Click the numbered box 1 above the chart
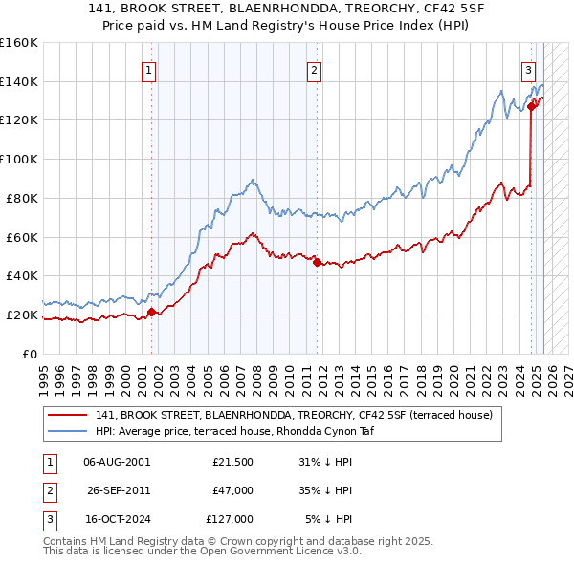coord(150,69)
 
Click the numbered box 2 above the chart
coord(314,69)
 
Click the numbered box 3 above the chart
coord(528,69)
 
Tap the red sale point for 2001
coord(151,311)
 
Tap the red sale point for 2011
coord(317,261)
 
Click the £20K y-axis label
coord(22,315)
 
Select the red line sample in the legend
coord(67,415)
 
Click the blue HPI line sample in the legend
coord(67,431)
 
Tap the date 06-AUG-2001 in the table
coord(117,462)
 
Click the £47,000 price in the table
coord(232,490)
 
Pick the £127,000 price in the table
coord(230,519)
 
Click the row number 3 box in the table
coord(47,519)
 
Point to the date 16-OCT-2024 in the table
coord(117,519)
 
